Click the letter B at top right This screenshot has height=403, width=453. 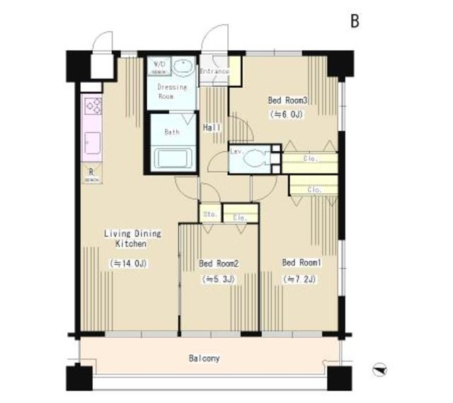[x=355, y=21]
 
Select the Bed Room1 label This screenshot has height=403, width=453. [x=302, y=263]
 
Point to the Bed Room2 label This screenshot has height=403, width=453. [x=219, y=264]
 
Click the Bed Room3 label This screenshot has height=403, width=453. [x=286, y=100]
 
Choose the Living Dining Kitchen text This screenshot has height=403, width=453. [x=132, y=238]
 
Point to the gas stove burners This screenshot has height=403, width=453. [x=93, y=106]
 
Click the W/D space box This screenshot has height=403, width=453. [x=157, y=68]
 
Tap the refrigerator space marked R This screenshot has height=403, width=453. [x=92, y=173]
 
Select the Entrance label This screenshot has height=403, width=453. [x=214, y=72]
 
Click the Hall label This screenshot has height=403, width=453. [x=212, y=127]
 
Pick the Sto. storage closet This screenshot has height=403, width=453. [x=210, y=212]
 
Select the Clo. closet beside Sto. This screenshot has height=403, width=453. [x=240, y=217]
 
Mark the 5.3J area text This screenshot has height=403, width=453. [x=219, y=279]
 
